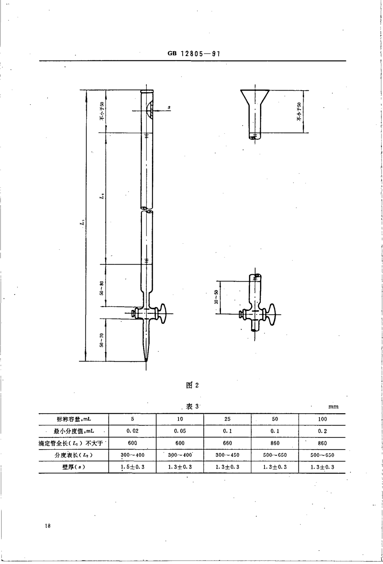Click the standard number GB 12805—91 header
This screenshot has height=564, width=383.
[x=193, y=54]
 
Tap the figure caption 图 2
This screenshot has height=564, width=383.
[x=192, y=385]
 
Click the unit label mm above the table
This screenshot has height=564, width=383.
[x=333, y=407]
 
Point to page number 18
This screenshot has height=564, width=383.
[x=48, y=526]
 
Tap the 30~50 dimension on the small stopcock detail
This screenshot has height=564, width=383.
[x=216, y=297]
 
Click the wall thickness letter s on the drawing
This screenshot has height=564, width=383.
[x=169, y=107]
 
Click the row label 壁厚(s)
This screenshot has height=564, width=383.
[x=73, y=467]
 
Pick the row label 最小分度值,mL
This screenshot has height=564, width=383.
[x=73, y=431]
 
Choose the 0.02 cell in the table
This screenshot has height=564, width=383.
[x=132, y=431]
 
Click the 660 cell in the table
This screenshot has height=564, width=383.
[x=227, y=443]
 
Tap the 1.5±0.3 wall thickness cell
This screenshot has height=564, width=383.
[x=132, y=467]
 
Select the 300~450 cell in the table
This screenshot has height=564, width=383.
[x=227, y=455]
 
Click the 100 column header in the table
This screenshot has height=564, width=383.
[x=322, y=419]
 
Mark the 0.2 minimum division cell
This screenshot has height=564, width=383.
[x=322, y=431]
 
